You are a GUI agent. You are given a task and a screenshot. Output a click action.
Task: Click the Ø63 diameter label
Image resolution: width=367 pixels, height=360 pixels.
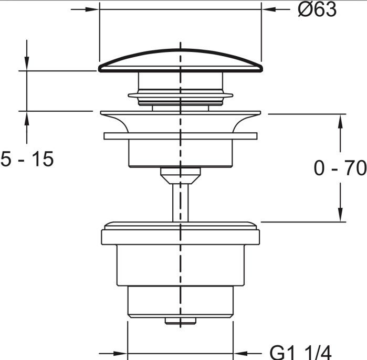(317, 9)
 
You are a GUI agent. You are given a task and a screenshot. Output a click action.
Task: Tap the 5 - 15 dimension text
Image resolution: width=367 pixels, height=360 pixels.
(27, 158)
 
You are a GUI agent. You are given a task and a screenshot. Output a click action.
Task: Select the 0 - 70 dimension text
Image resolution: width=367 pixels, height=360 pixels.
(340, 168)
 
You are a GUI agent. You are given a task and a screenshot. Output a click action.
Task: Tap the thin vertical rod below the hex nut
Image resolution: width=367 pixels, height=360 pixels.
(180, 203)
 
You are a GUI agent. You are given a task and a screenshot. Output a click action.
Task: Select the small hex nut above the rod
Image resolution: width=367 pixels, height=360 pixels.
(181, 176)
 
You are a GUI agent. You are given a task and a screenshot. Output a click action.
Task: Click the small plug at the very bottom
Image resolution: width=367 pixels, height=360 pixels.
(181, 321)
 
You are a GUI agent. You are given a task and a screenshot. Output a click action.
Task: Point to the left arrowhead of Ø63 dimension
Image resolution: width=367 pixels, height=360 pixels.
(92, 9)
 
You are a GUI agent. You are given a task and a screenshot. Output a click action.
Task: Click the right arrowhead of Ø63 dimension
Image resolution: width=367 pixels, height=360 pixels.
(268, 9)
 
